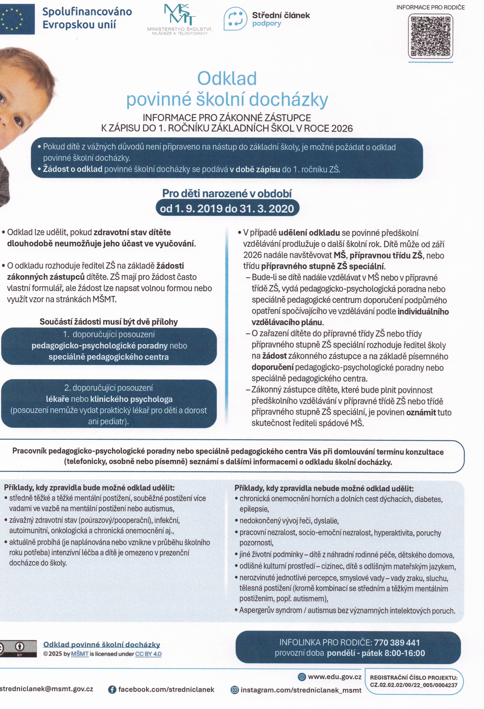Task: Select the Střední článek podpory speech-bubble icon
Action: (235, 19)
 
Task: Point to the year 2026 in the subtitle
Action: (342, 128)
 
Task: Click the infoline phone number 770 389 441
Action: (397, 643)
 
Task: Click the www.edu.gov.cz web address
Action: (334, 677)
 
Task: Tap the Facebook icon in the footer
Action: (112, 690)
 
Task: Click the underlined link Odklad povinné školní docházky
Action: (102, 644)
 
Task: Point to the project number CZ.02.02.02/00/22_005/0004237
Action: (414, 685)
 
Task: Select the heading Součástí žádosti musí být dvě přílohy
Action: (109, 322)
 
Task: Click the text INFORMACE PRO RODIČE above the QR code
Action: (430, 7)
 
